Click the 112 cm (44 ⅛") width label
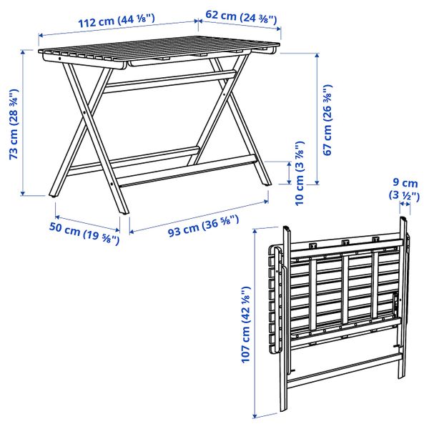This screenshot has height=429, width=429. pyautogui.click(x=119, y=22)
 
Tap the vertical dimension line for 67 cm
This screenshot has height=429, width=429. pyautogui.click(x=316, y=122)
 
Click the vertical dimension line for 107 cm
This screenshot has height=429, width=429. pyautogui.click(x=255, y=323)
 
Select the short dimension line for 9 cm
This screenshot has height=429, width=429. pyautogui.click(x=405, y=208)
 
